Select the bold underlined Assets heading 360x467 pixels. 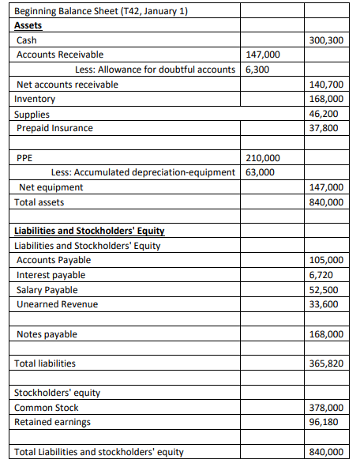point(28,25)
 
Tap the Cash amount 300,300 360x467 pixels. point(326,40)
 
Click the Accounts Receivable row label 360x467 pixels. point(60,55)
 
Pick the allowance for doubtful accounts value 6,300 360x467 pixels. point(258,69)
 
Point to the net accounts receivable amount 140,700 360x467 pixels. point(326,84)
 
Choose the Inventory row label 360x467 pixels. point(36,99)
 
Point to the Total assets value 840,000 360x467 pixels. point(326,202)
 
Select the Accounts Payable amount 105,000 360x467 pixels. point(326,260)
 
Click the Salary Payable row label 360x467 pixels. point(48,290)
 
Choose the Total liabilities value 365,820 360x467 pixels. point(326,363)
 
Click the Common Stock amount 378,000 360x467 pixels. point(326,408)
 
